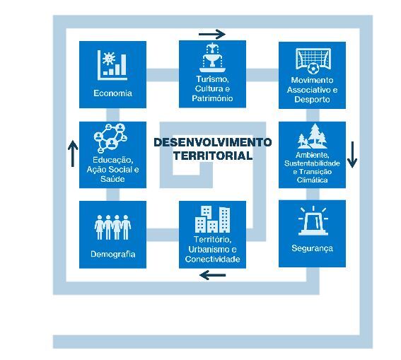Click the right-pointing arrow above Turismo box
tap(212, 34)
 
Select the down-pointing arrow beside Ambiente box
tap(352, 154)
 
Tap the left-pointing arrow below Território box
tap(212, 275)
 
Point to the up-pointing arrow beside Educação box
tap(73, 153)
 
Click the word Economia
tap(112, 93)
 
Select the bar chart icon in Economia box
tap(112, 65)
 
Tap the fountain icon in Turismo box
tap(212, 57)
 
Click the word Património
tap(212, 98)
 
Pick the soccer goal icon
tap(313, 61)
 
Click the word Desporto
tap(312, 100)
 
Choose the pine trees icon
tap(313, 136)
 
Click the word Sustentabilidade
tap(312, 163)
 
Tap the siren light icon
tap(313, 221)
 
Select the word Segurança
tap(313, 248)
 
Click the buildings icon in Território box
tap(212, 219)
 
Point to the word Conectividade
tap(212, 260)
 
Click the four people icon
tap(112, 227)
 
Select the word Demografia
tap(112, 254)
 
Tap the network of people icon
tap(110, 138)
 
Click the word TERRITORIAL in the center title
tap(213, 156)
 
